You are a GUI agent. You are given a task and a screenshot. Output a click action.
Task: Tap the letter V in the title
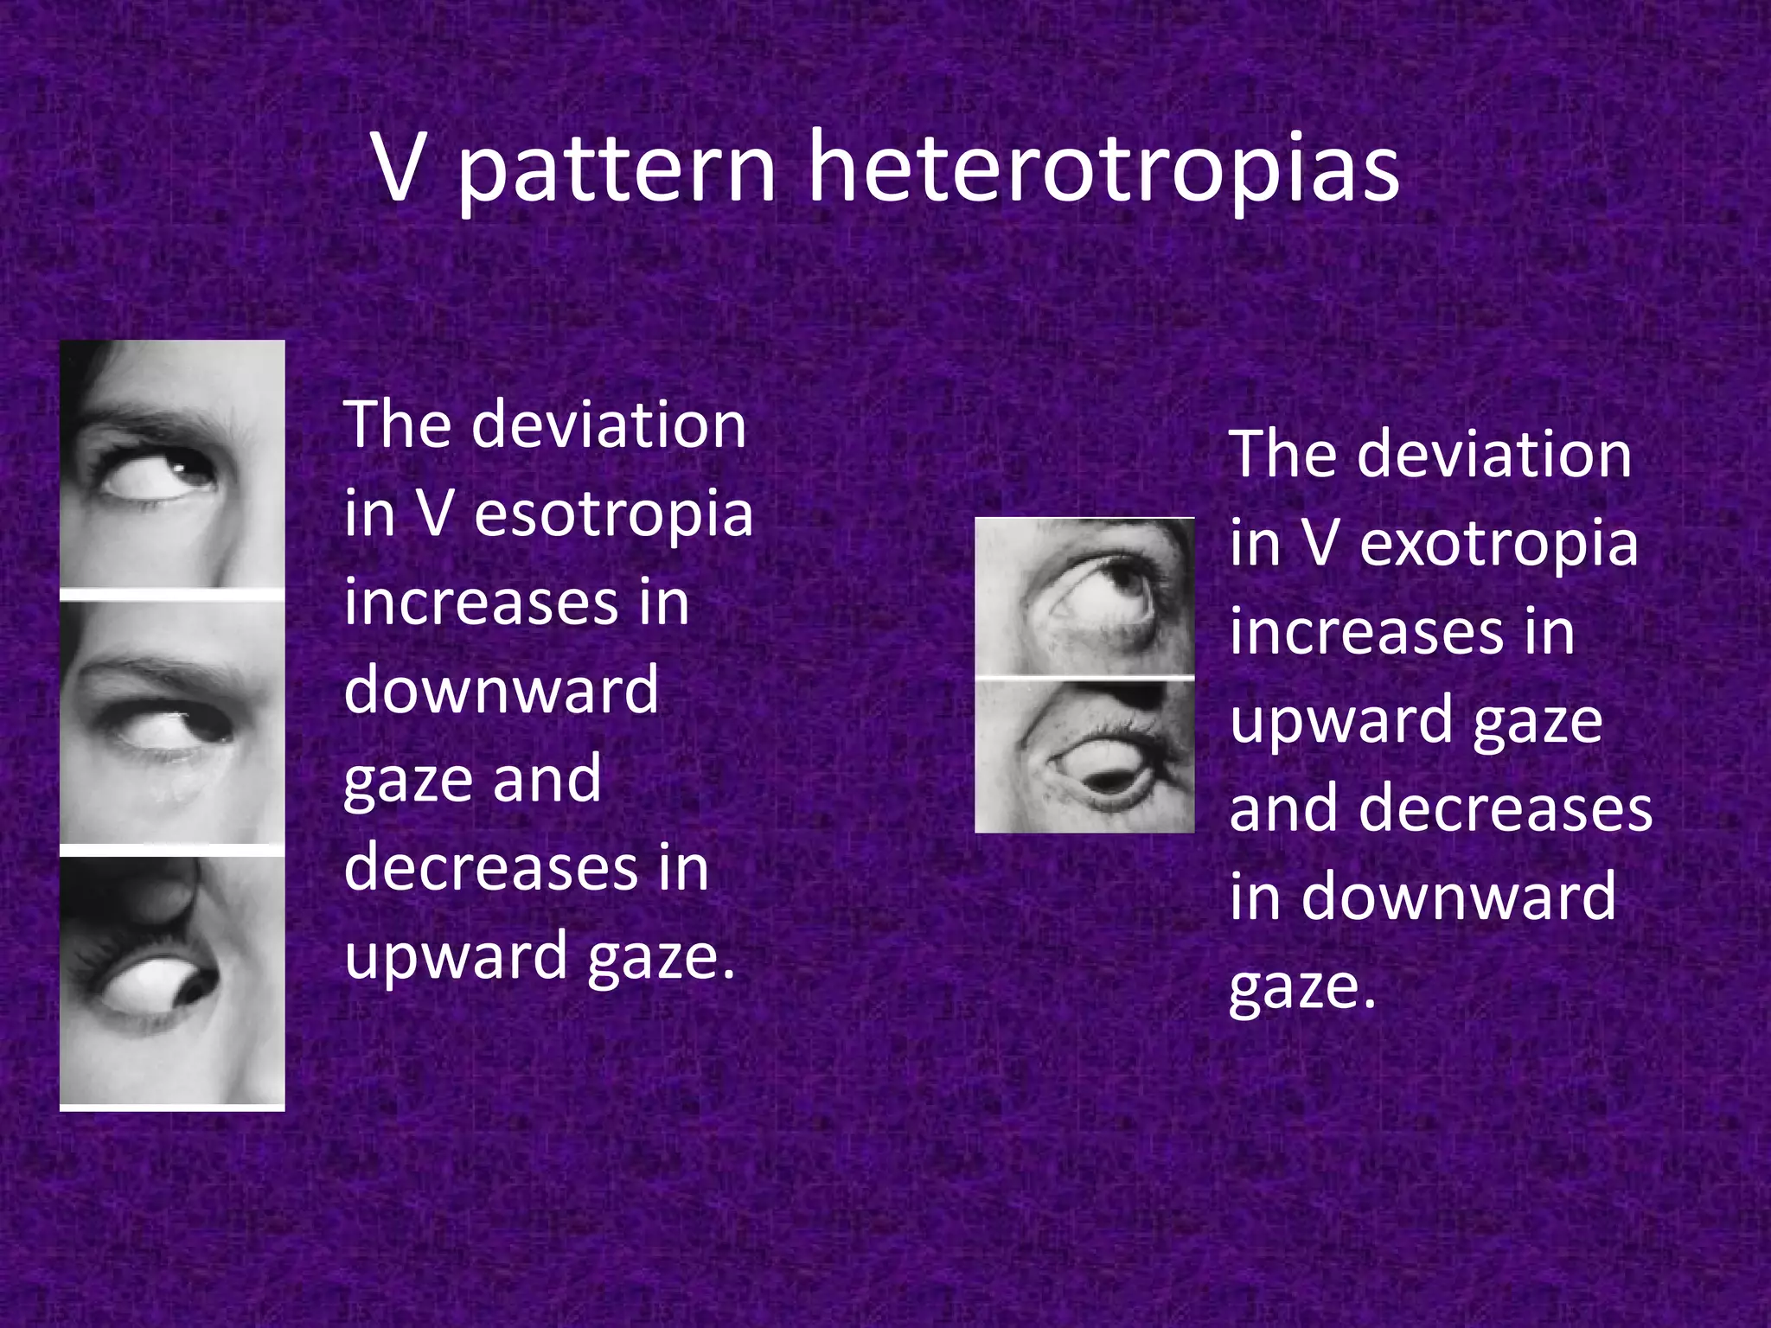tap(400, 168)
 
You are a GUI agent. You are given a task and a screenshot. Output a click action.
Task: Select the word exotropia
tap(1499, 544)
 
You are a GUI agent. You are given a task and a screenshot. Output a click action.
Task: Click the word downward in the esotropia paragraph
tap(502, 690)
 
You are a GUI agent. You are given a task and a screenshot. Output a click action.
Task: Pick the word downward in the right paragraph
tap(1458, 897)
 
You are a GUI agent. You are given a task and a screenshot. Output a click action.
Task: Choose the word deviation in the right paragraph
tap(1493, 455)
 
